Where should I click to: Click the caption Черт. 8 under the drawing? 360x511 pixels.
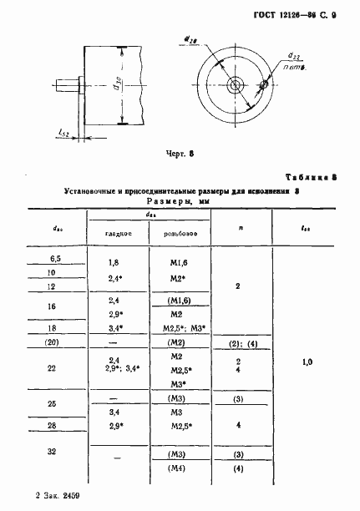(180, 154)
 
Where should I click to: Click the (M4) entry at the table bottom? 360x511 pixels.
(175, 469)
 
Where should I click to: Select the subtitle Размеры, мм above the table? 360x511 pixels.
(178, 201)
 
